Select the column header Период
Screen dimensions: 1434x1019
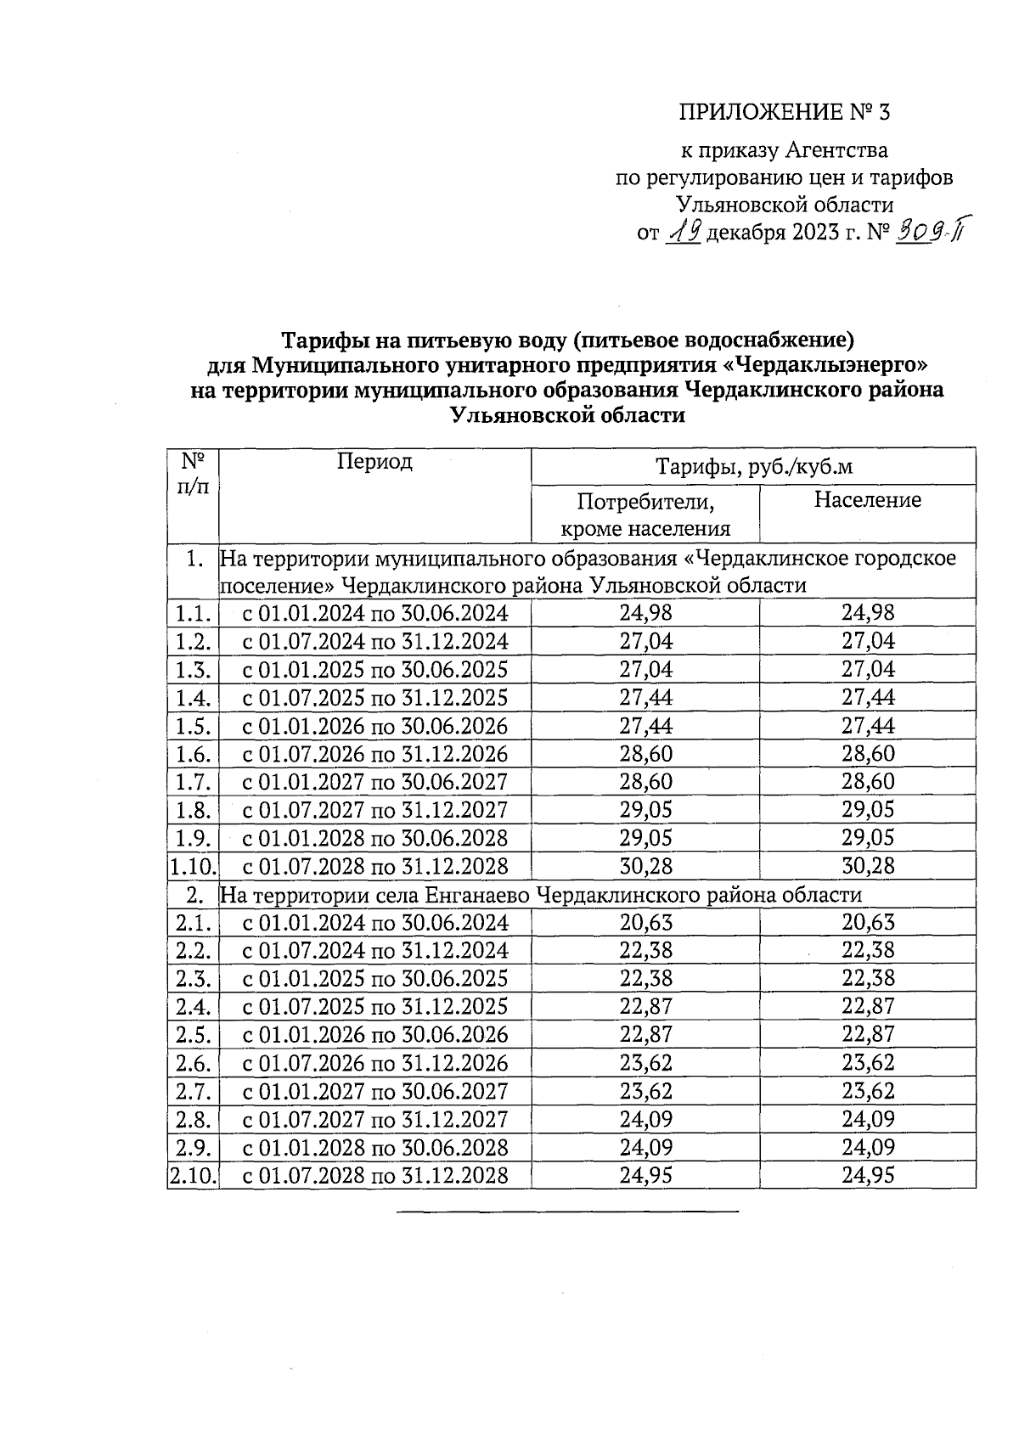coord(374,462)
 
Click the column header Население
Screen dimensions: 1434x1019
coord(867,500)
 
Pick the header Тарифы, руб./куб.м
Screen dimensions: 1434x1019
coord(753,467)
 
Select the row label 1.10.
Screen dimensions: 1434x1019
coord(194,867)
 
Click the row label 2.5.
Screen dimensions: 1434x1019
coord(194,1035)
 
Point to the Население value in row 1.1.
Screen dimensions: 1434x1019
coord(868,613)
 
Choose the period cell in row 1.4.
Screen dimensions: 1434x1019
coord(375,698)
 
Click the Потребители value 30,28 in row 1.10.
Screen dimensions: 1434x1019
coord(645,867)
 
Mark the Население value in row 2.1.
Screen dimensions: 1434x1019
coord(868,923)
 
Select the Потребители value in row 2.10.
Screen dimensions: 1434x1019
coord(645,1176)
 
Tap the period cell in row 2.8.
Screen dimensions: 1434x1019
coord(375,1120)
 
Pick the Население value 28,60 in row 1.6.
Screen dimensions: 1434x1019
coord(868,754)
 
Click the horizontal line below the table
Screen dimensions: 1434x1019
coord(567,1211)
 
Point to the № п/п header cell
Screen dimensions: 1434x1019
coord(194,473)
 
